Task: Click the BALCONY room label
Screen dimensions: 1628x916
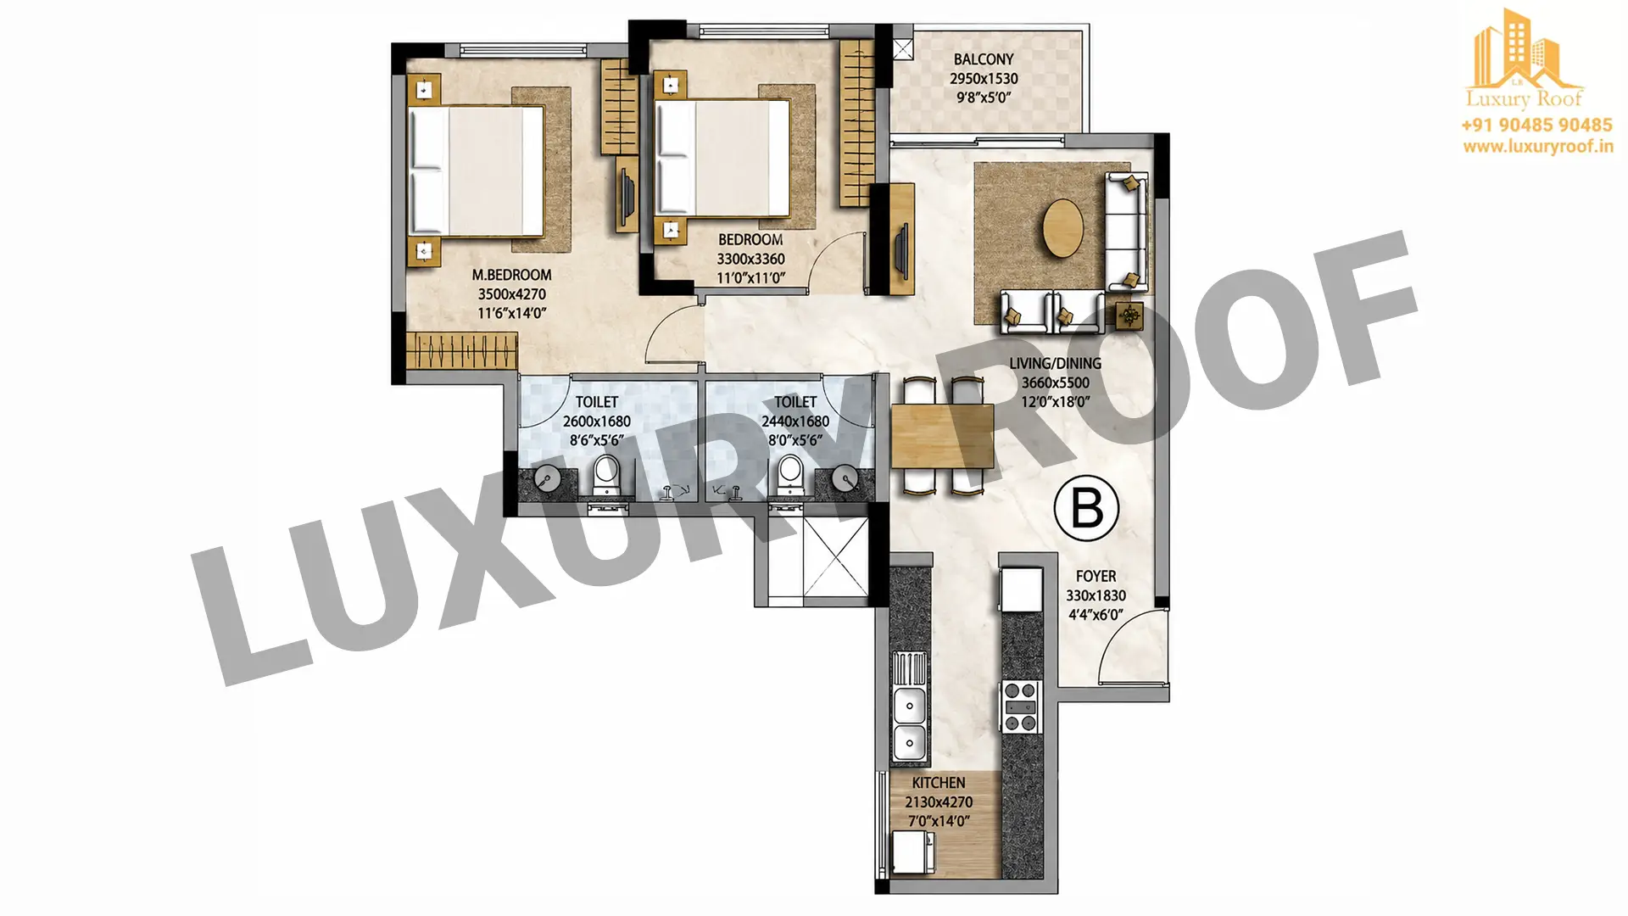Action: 983,59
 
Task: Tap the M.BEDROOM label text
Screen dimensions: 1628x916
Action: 511,275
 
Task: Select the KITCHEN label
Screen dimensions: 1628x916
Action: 939,783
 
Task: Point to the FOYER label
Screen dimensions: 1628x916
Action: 1096,576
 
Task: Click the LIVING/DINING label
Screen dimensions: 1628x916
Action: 1055,363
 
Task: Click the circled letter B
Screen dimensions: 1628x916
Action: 1086,508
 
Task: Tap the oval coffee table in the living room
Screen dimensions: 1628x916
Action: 1062,227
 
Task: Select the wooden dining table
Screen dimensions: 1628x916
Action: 942,435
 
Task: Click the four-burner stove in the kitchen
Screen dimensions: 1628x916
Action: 1020,706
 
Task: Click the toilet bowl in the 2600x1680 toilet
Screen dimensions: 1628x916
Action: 606,476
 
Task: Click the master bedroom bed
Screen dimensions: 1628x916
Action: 476,170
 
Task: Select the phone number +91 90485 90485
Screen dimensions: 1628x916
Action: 1536,126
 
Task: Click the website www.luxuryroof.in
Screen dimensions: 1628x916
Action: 1537,146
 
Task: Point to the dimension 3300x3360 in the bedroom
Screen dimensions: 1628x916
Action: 750,259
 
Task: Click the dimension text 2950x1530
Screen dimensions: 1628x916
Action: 984,78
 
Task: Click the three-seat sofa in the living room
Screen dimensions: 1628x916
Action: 1126,231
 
